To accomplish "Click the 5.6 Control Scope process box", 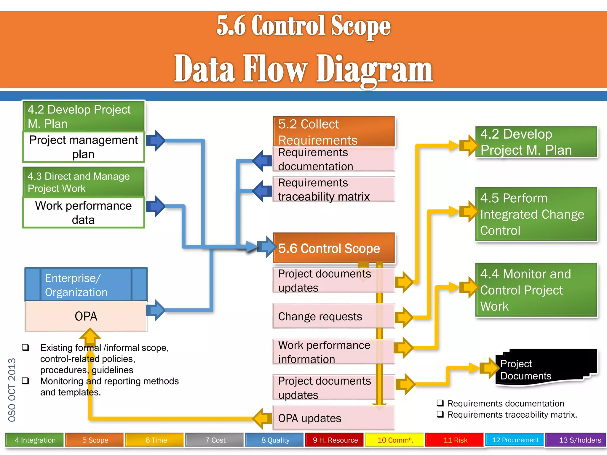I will click(x=334, y=248).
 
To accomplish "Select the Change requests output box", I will click(x=334, y=316).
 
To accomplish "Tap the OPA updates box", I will click(x=334, y=418).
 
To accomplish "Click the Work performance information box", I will click(x=334, y=352).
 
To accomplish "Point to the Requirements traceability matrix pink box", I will click(x=334, y=190).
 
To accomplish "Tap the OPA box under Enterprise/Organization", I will click(x=86, y=316).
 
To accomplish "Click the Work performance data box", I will click(x=83, y=213).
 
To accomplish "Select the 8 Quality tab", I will click(x=275, y=440).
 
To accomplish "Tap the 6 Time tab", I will click(x=156, y=440).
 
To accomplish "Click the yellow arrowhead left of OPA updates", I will click(x=262, y=418).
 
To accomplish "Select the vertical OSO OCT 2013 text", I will click(x=12, y=390).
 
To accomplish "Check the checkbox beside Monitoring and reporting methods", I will click(x=26, y=381).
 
